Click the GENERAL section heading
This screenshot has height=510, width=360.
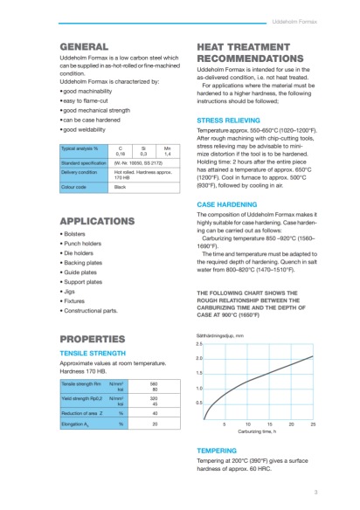tap(84, 45)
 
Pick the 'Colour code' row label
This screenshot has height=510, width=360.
tap(75, 188)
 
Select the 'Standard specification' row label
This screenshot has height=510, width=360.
tap(83, 163)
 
